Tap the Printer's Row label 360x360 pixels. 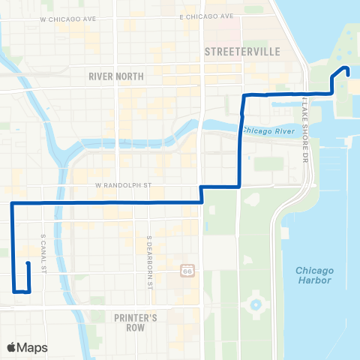click(135, 322)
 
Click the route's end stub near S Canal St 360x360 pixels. click(28, 264)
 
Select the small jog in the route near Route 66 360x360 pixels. click(202, 193)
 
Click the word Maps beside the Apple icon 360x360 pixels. click(33, 347)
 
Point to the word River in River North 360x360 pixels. click(101, 76)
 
